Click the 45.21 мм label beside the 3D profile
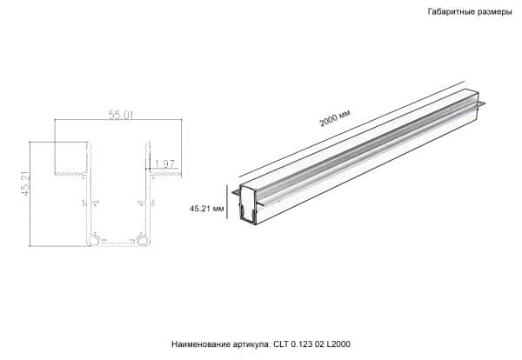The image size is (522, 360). click(207, 209)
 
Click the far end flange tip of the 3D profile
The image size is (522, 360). click(479, 107)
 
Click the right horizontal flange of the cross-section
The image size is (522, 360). click(165, 174)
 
